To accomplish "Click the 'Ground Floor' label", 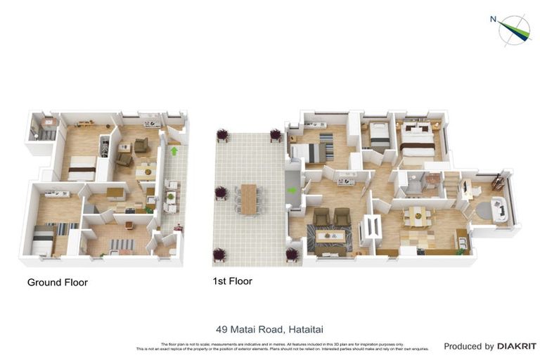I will coord(57,283).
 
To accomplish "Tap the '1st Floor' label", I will coord(232,281).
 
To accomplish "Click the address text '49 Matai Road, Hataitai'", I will coord(270,328).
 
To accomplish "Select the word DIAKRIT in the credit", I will coord(517,346).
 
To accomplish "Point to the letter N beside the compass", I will coord(494,20).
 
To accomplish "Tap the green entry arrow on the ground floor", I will coord(174,150).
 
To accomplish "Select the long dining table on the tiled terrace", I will coord(248,198).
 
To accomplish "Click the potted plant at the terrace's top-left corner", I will coord(223,134).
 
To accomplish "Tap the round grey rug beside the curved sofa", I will coord(484,210).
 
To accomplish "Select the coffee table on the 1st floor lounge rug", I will coord(330,237).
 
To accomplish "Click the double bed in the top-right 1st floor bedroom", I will coord(417,146).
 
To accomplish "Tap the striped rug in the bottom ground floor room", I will coord(121,245).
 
